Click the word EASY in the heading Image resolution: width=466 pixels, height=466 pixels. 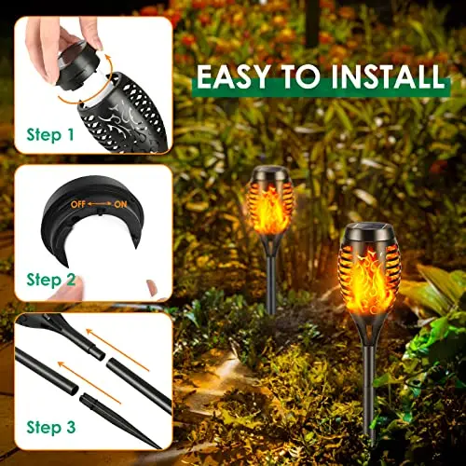[233, 76]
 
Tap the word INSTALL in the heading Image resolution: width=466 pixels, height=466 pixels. [388, 76]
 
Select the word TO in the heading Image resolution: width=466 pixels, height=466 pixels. [301, 76]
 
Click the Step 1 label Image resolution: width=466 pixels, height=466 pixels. [50, 135]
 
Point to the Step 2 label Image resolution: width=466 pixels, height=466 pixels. [51, 280]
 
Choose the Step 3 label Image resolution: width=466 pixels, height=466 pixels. [51, 427]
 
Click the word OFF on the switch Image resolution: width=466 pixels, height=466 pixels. [78, 204]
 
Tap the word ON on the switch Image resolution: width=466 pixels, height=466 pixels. [120, 204]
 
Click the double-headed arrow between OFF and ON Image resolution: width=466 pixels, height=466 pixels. [100, 204]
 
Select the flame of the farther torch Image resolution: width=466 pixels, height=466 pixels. [270, 207]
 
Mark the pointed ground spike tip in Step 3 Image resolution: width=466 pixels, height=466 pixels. [161, 448]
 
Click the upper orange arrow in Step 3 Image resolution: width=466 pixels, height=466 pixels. [117, 349]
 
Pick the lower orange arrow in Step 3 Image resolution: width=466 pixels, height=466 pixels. [89, 383]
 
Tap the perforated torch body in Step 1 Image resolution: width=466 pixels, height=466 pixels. [124, 114]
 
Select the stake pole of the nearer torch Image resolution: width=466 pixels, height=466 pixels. [370, 394]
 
